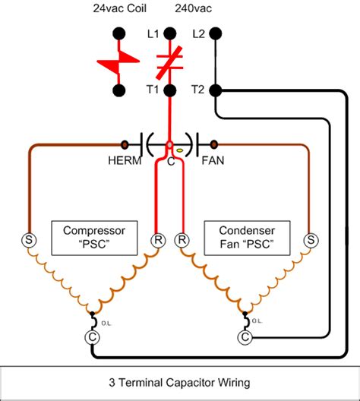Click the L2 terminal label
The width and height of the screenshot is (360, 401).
click(200, 34)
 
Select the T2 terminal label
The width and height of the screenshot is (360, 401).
click(200, 90)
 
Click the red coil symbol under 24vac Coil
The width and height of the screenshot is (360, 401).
click(118, 62)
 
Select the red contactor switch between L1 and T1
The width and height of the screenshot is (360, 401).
click(170, 62)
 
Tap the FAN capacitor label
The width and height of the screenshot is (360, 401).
click(212, 160)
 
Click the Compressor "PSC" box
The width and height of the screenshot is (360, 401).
click(93, 237)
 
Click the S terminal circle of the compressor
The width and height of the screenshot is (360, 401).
click(33, 240)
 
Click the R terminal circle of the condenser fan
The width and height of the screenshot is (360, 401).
click(182, 240)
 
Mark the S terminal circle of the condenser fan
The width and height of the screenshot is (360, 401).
click(309, 240)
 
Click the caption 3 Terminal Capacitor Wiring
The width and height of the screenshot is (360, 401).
click(179, 382)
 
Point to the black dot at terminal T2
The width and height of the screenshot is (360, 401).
click(216, 90)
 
